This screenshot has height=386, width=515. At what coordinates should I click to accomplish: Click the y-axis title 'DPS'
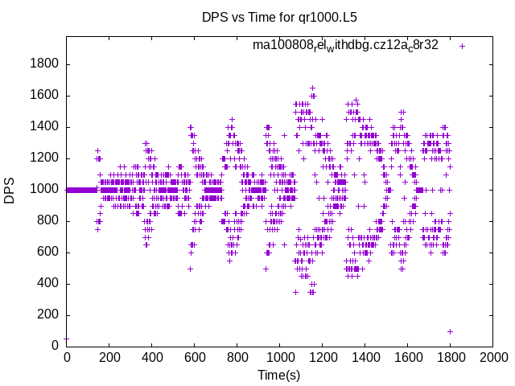pos(10,190)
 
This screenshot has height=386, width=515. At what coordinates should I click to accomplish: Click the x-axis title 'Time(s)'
pos(278,375)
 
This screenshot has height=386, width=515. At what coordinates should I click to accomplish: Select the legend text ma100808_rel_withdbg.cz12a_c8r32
pos(345,45)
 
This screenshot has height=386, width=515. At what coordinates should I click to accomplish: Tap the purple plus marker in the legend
pos(462,46)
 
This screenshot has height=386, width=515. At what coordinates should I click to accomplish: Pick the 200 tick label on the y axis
pos(49,315)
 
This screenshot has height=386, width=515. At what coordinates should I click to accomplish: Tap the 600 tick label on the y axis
pos(49,253)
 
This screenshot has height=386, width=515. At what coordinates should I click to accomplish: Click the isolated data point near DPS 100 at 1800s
pos(450,331)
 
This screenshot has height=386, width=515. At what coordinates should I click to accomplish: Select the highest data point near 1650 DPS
pos(312,88)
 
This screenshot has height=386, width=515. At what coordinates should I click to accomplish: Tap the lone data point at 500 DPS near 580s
pos(190,269)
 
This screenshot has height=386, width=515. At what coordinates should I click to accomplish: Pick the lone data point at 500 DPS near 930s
pos(266,269)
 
